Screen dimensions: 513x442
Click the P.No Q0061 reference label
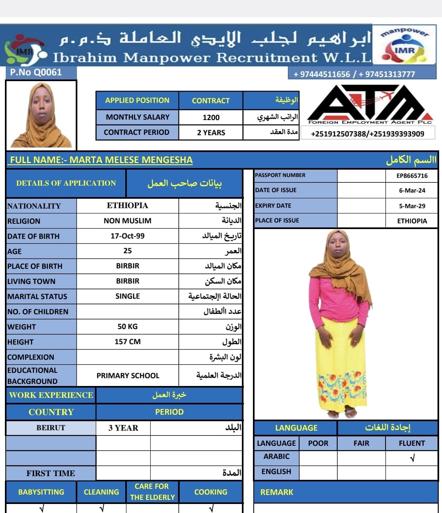[x=36, y=73]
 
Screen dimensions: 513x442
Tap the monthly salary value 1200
[x=211, y=118]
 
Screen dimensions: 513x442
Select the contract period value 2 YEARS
[x=211, y=133]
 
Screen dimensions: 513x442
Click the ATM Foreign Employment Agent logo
[x=370, y=104]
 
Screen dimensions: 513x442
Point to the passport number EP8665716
[x=412, y=176]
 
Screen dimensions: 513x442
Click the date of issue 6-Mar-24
[x=412, y=191]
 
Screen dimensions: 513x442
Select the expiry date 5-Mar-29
[x=412, y=206]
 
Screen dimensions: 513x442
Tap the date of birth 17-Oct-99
[x=127, y=236]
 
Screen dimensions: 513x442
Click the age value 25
[x=127, y=251]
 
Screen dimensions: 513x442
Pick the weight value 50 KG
[x=127, y=327]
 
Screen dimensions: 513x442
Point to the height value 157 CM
[x=127, y=342]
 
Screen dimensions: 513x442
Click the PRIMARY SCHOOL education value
[x=128, y=376]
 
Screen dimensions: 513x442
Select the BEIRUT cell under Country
[x=51, y=428]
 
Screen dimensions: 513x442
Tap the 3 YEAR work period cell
[x=123, y=428]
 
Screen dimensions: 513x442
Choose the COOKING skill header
[x=210, y=492]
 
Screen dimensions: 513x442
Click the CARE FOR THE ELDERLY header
[x=152, y=492]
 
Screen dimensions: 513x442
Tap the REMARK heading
[x=277, y=493]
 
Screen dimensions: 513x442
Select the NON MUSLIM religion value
[x=127, y=221]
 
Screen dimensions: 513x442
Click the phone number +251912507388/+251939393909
[x=367, y=134]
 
